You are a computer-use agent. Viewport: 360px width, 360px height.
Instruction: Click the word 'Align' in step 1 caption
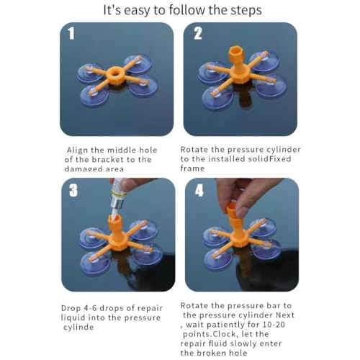pos(78,150)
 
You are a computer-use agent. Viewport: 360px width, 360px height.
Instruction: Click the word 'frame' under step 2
pos(193,168)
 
